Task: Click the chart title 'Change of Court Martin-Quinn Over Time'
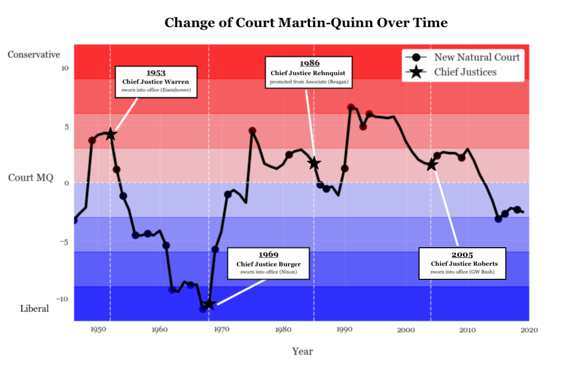[x=306, y=23]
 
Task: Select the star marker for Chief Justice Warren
[x=110, y=135]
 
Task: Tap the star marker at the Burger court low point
[x=209, y=304]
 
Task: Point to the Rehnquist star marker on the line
[x=314, y=163]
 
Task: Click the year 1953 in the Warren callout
[x=156, y=73]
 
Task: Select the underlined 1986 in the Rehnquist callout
[x=309, y=63]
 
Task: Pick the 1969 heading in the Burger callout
[x=268, y=255]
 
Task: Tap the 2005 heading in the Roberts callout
[x=462, y=255]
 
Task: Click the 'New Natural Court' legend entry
[x=476, y=57]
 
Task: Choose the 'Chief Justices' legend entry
[x=465, y=72]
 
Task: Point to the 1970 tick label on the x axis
[x=220, y=330]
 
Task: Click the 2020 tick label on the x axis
[x=529, y=330]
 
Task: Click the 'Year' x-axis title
[x=302, y=351]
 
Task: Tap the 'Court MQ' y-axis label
[x=31, y=178]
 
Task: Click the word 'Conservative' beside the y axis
[x=34, y=55]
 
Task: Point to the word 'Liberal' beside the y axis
[x=35, y=308]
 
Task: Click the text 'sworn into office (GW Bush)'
[x=462, y=272]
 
